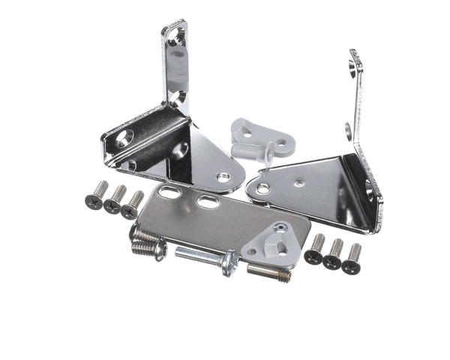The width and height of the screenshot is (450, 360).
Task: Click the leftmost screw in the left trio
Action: (x=97, y=196)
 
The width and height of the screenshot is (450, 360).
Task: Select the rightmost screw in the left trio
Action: (x=133, y=205)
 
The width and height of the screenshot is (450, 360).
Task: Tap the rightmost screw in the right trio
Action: (x=352, y=258)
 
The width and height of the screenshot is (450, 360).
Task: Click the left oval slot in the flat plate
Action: (x=169, y=193)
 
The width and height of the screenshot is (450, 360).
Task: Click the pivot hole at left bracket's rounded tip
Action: (x=223, y=178)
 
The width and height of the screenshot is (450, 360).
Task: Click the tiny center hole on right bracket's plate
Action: (x=299, y=181)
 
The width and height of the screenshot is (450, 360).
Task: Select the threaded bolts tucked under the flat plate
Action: (x=148, y=241)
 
